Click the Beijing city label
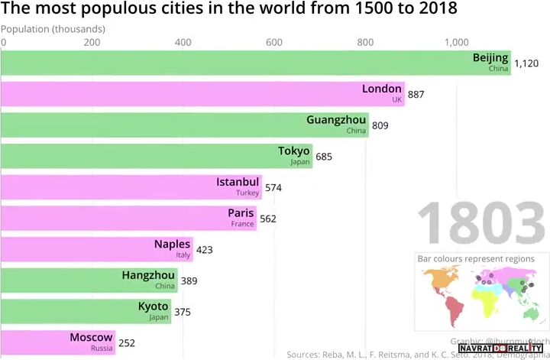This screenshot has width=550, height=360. pyautogui.click(x=490, y=58)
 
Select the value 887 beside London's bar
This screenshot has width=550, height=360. pyautogui.click(x=416, y=95)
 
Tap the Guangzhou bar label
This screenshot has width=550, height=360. pyautogui.click(x=336, y=120)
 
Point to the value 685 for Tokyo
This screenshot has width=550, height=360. pyautogui.click(x=325, y=157)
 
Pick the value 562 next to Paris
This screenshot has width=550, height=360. pyautogui.click(x=267, y=219)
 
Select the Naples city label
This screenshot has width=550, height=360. pyautogui.click(x=172, y=245)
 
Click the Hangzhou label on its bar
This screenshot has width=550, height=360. pyautogui.click(x=148, y=275)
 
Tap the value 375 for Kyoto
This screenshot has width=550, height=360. pyautogui.click(x=182, y=312)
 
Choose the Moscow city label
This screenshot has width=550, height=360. pyautogui.click(x=91, y=337)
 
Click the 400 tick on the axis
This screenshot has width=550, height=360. pyautogui.click(x=183, y=43)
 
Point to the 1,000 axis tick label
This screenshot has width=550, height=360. pyautogui.click(x=458, y=43)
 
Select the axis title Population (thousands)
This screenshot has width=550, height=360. pyautogui.click(x=53, y=29)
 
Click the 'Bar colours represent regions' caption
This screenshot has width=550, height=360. pyautogui.click(x=476, y=259)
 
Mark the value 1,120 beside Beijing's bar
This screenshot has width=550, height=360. pyautogui.click(x=526, y=64)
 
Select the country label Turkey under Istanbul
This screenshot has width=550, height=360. pyautogui.click(x=247, y=193)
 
